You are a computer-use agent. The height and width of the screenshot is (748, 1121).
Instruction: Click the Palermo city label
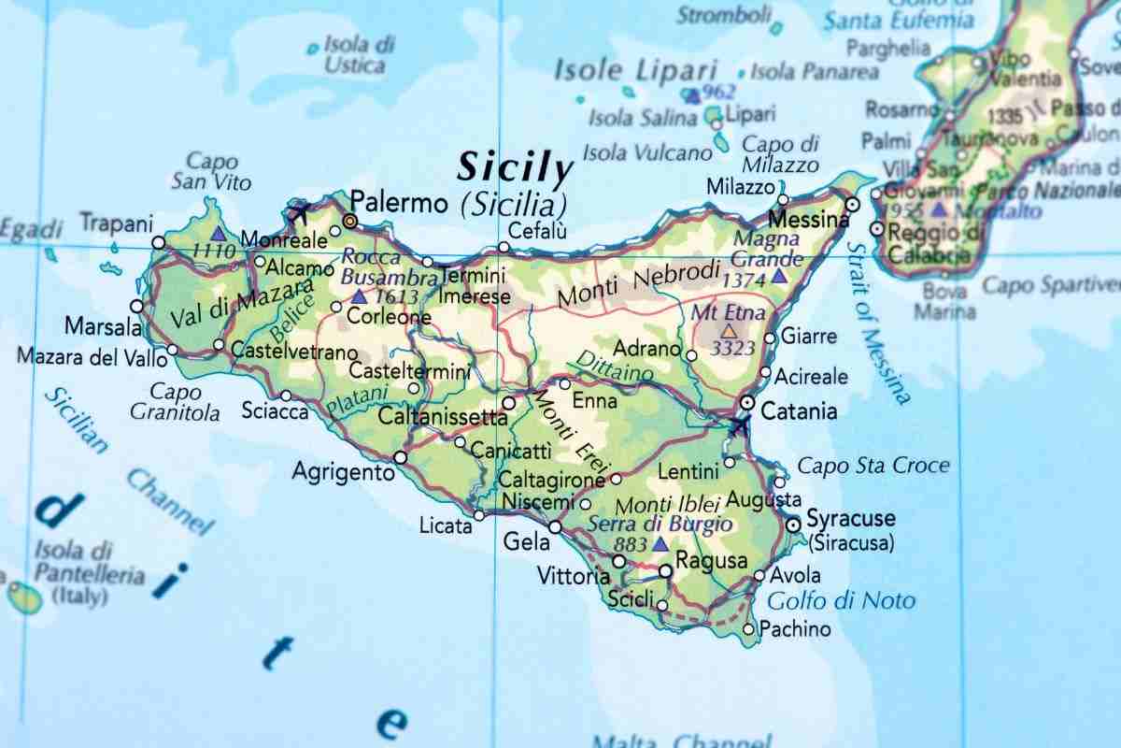400,201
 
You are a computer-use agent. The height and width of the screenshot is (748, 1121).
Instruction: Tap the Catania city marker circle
746,402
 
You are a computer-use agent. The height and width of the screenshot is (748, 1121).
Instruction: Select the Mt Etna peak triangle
728,331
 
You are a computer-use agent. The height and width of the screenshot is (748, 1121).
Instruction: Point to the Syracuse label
850,519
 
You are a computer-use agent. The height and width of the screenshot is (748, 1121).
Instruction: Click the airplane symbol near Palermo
300,212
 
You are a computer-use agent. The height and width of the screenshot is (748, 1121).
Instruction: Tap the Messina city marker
852,204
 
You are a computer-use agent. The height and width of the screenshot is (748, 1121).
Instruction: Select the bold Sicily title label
515,169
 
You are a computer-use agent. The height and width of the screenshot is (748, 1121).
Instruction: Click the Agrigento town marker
401,457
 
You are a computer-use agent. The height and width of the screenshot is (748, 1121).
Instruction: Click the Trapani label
116,223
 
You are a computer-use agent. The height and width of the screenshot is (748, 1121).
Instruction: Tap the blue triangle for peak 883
660,543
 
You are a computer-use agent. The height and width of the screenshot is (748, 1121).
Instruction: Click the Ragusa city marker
665,570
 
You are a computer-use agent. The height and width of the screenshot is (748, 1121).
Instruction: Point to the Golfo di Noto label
841,600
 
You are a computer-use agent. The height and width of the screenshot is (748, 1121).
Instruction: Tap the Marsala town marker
137,306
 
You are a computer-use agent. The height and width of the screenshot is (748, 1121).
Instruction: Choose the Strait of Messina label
878,323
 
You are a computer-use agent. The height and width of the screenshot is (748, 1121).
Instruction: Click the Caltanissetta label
442,417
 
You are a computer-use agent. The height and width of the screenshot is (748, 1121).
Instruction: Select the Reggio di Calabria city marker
876,229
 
